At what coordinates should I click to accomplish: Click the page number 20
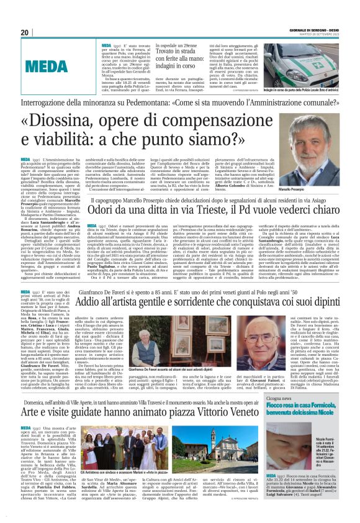(24, 32)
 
